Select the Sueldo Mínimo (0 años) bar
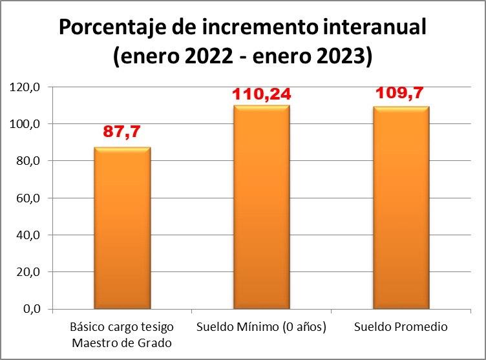[x=261, y=207]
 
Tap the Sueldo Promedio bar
[x=401, y=207]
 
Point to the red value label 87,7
[x=121, y=132]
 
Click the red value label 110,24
[x=261, y=96]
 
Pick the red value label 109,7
[x=401, y=95]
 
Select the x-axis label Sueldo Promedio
[x=401, y=327]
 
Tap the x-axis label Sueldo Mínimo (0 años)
[x=261, y=327]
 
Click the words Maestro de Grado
[x=121, y=343]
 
